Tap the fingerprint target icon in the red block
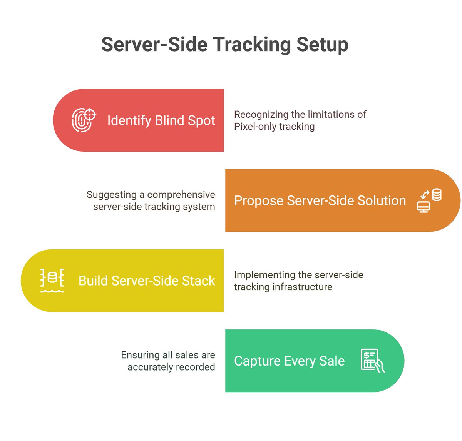[x=84, y=120]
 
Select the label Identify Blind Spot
[x=161, y=120]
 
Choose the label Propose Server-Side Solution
[x=320, y=200]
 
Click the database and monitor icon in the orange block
[x=429, y=200]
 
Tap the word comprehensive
[x=181, y=194]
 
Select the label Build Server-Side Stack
[x=147, y=281]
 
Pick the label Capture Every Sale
[x=289, y=361]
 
